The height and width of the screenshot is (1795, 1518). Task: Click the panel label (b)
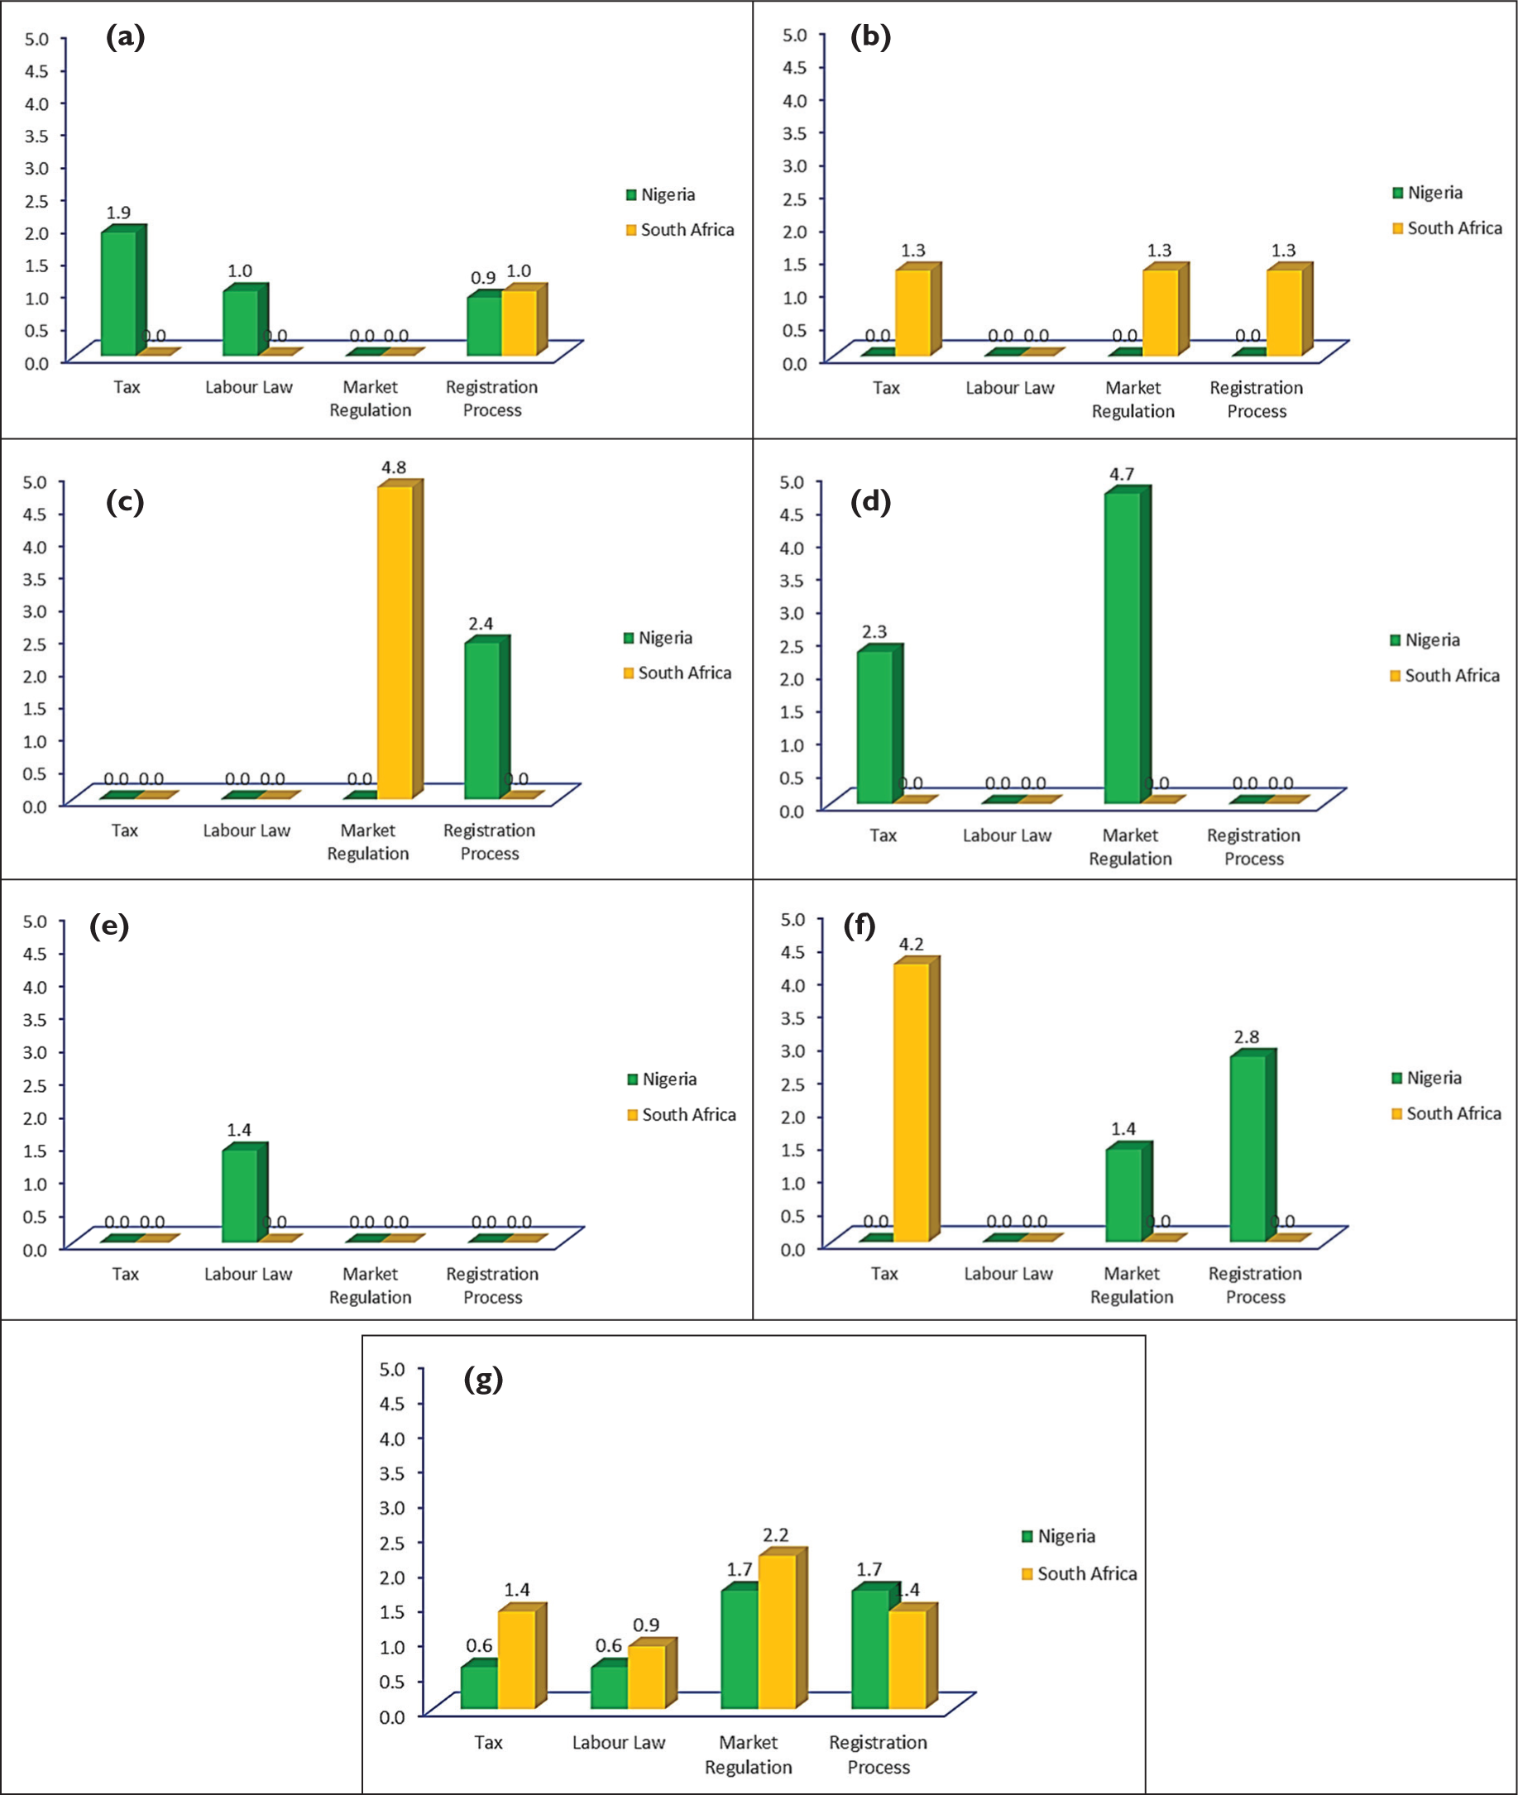870,37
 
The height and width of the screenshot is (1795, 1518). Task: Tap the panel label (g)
483,1381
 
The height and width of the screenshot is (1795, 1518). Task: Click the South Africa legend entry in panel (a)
680,230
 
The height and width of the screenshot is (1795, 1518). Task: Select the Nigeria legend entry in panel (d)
1425,640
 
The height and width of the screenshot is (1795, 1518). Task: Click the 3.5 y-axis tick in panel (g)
391,1472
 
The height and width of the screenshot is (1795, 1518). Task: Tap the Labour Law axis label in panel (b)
1009,388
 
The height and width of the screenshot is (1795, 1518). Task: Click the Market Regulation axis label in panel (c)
367,841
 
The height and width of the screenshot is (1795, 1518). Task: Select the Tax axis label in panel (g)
488,1743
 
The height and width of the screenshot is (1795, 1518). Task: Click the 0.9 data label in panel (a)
483,278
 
